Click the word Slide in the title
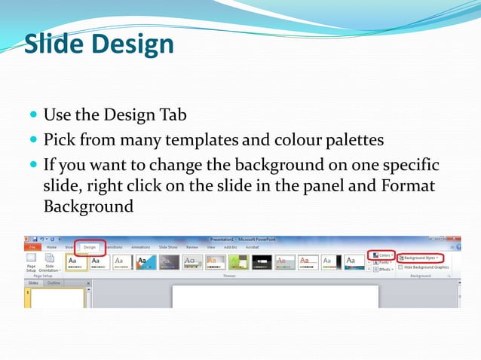(x=56, y=44)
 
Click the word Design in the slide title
(x=133, y=44)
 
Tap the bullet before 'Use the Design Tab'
(x=34, y=115)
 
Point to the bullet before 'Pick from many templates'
(x=34, y=140)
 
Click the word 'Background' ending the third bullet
(x=88, y=206)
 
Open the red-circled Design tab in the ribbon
(x=90, y=246)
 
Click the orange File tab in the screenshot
(x=32, y=246)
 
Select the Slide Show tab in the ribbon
(x=168, y=246)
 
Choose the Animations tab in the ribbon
(x=140, y=246)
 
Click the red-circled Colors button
(x=382, y=256)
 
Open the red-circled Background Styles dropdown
(x=420, y=257)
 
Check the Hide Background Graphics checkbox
(x=400, y=267)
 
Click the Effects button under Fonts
(x=382, y=269)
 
